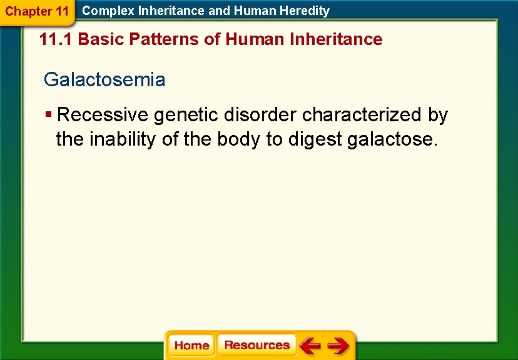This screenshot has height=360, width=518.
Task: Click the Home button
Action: (191, 346)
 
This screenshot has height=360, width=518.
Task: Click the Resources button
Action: (256, 345)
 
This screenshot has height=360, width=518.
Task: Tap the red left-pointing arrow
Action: (309, 345)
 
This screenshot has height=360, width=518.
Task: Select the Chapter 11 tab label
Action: (37, 11)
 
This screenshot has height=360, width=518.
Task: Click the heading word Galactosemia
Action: (104, 80)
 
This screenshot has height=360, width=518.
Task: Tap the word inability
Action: (123, 139)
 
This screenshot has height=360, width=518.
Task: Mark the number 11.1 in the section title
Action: (56, 39)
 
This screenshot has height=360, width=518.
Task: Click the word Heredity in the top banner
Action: (305, 11)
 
